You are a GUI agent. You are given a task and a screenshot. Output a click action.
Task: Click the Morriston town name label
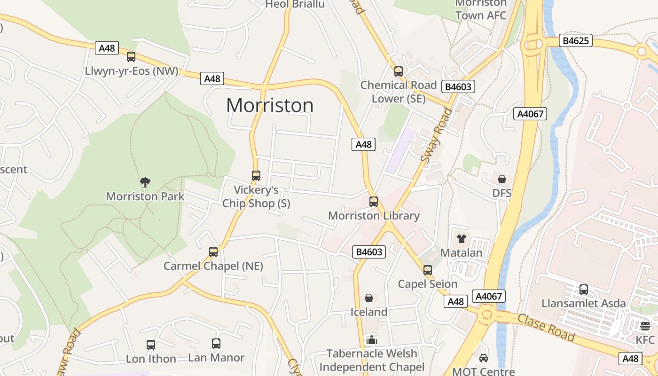pos(270,105)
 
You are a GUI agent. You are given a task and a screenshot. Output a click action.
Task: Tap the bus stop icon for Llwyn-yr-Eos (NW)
pos(131,57)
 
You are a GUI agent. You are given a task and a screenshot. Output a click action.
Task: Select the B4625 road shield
pos(576,41)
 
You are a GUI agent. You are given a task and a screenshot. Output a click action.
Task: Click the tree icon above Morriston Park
pos(145,182)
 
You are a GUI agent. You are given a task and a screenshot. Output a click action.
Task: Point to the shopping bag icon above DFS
pos(502,179)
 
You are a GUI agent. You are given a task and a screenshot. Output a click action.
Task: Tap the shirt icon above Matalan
pos(461,239)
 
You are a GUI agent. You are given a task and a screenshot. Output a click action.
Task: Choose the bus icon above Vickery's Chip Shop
pos(256,176)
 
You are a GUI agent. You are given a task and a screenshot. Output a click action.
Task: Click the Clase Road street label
pos(546,327)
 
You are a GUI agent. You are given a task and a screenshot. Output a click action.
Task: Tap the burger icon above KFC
pos(645,326)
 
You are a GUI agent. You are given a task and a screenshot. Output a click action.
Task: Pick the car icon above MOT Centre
pos(483,358)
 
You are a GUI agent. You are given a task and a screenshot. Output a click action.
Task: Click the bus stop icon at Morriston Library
pos(374,202)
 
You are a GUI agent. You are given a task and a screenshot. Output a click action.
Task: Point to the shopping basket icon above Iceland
pos(369,298)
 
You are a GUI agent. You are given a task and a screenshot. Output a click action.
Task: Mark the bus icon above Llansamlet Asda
pos(584,290)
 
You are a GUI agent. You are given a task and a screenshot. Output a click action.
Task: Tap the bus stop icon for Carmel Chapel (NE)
pos(213,252)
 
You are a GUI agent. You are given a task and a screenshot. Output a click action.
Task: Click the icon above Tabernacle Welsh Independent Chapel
pos(372,339)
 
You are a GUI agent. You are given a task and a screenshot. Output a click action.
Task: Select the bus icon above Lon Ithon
pos(151,345)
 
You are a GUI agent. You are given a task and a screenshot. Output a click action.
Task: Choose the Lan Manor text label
pos(216,358)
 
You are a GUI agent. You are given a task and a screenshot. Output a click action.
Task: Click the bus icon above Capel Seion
pos(427,270)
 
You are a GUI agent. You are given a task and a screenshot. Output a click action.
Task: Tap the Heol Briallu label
pos(295,4)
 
